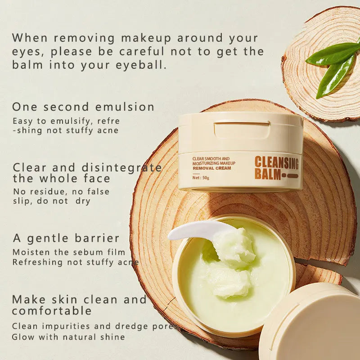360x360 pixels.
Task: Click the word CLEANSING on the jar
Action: [277, 163]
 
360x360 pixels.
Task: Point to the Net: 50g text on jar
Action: [201, 177]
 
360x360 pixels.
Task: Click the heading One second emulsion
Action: [83, 107]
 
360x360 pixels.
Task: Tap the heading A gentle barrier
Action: [66, 238]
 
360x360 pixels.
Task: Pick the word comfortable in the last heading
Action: [52, 310]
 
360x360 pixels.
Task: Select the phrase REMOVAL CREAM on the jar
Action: [212, 168]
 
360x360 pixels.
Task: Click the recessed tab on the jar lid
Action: [242, 130]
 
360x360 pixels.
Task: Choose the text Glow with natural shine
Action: [68, 337]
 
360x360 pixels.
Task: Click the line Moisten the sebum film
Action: [66, 252]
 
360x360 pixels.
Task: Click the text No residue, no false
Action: [61, 192]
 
